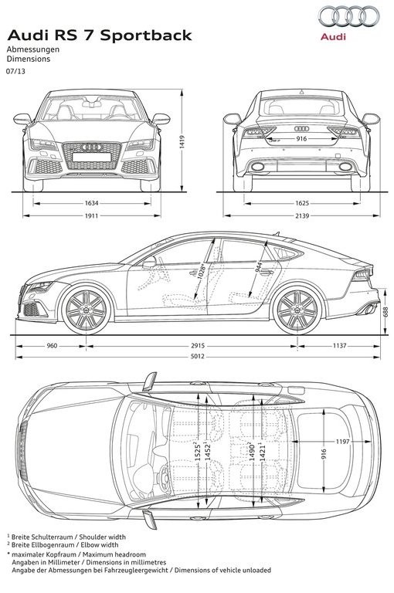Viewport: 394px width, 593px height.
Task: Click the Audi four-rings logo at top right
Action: click(348, 17)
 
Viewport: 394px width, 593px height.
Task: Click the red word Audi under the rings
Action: click(333, 37)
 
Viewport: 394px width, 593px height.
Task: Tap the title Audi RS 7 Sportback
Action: click(100, 36)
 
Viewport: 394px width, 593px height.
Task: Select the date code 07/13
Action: click(15, 71)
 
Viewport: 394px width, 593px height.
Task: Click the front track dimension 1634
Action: click(92, 204)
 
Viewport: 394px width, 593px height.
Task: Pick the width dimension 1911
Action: click(92, 216)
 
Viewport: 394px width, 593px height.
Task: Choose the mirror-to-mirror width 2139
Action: click(302, 216)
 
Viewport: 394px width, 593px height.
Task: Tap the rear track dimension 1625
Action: click(302, 204)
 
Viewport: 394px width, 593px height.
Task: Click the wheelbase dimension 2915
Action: click(197, 346)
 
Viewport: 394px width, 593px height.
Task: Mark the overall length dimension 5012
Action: click(197, 356)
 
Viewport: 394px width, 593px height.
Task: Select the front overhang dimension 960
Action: click(52, 346)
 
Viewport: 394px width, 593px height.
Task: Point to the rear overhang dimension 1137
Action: click(339, 346)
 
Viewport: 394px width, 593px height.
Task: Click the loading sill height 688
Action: click(386, 312)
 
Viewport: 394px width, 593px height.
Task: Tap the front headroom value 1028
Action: click(202, 271)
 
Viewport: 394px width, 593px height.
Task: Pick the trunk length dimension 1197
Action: click(342, 442)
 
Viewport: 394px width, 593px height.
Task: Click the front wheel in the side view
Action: click(87, 310)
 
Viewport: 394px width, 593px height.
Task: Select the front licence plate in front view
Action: click(92, 157)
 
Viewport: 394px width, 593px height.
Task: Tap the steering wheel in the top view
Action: click(164, 479)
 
